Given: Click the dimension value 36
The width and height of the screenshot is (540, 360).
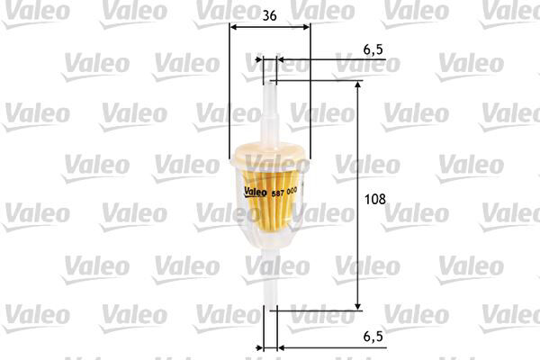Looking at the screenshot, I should point(269,15).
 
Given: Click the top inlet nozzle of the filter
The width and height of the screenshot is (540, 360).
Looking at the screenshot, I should point(268,103).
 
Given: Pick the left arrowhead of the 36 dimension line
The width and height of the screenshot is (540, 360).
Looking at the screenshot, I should point(235,28).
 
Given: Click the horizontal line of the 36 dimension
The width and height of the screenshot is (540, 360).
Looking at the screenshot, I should point(270,28).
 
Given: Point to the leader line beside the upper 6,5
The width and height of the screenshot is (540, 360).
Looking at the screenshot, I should point(333,61).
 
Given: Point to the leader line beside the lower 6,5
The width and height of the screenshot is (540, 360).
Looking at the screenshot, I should point(333,346).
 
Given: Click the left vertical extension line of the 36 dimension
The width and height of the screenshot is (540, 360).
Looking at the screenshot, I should point(230,99).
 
